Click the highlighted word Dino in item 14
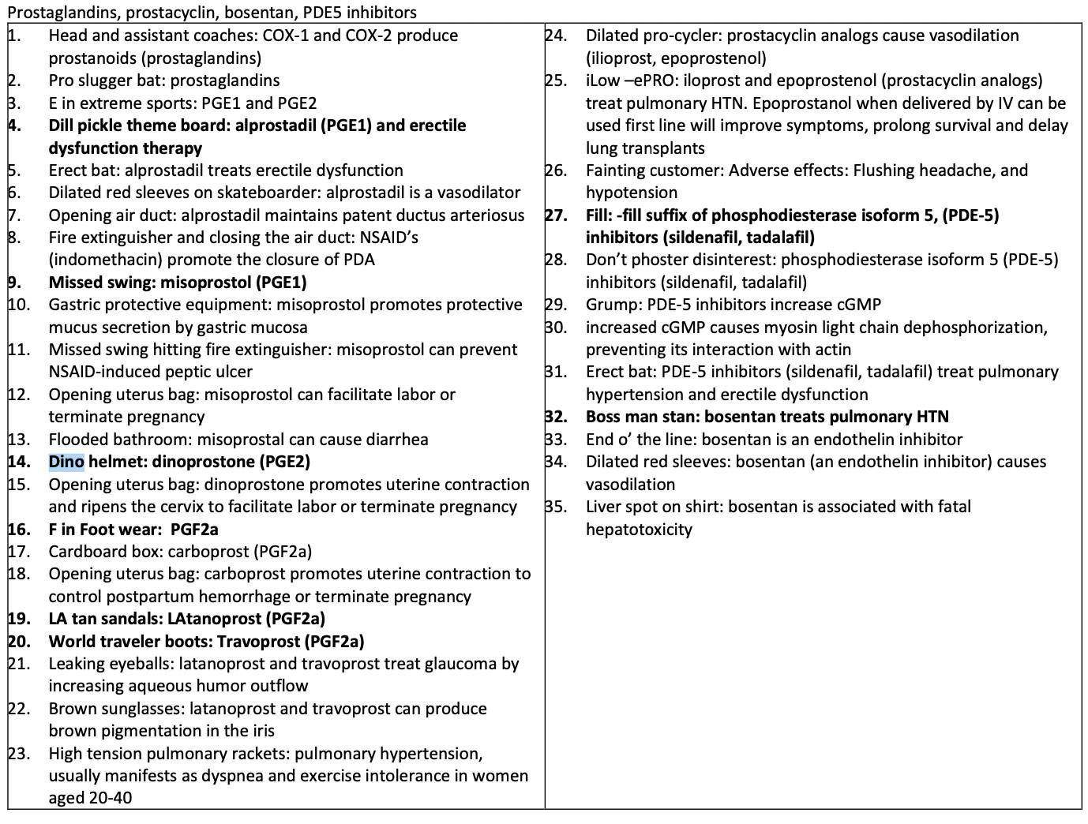(x=66, y=462)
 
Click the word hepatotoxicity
(x=639, y=530)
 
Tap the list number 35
(x=556, y=507)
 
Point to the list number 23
(x=18, y=754)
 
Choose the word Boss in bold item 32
(x=604, y=417)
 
